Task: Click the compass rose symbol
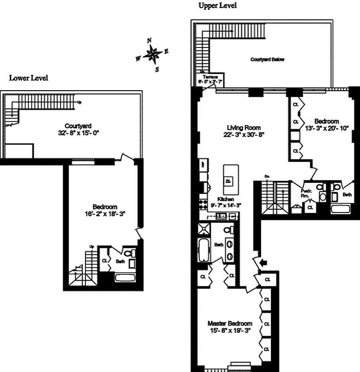click(x=152, y=55)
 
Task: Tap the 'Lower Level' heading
click(x=28, y=78)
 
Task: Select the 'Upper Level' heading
click(x=217, y=6)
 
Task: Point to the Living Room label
click(x=243, y=127)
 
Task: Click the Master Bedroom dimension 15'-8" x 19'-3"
click(x=230, y=331)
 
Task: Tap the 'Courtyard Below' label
click(x=267, y=60)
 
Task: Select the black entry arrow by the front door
click(x=263, y=263)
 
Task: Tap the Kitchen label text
click(x=221, y=199)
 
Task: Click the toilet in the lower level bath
click(x=133, y=253)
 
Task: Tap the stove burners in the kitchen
click(x=203, y=203)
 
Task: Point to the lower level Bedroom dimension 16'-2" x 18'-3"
click(x=105, y=213)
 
